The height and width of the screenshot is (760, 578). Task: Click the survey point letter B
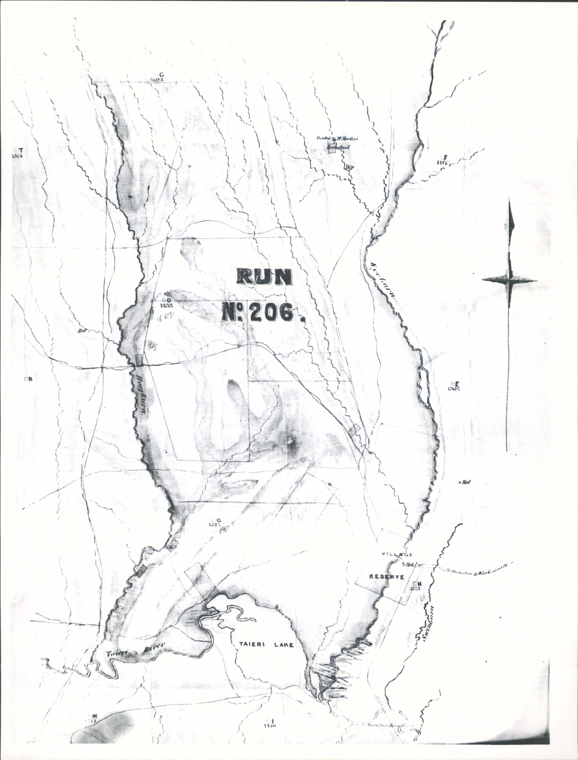30,379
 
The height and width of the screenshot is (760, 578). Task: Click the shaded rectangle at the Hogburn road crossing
139,360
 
